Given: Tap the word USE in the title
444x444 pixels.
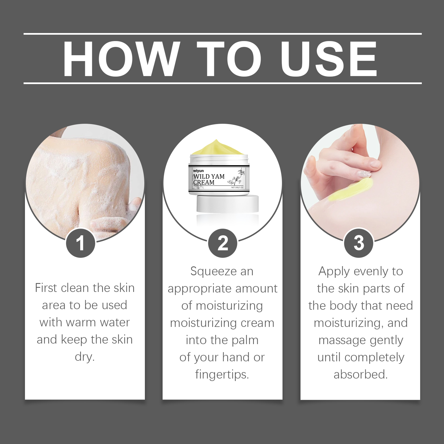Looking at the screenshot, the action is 329,59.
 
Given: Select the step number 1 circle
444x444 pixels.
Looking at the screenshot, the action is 80,243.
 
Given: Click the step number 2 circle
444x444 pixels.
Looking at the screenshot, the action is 223,243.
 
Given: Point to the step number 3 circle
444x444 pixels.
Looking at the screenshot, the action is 359,243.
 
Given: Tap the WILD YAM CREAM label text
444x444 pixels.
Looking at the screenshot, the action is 209,179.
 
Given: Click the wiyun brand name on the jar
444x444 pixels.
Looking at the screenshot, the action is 198,171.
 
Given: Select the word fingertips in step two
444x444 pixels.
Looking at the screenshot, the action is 222,374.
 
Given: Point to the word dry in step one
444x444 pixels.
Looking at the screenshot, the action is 85,357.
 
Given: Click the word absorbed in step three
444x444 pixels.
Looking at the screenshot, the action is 360,374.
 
